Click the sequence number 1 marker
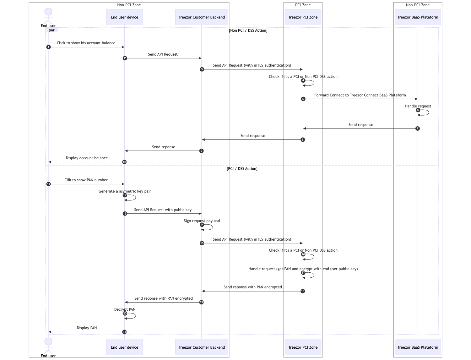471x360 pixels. click(x=48, y=47)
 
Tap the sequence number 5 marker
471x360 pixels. click(x=303, y=99)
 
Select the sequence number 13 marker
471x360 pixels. click(x=125, y=214)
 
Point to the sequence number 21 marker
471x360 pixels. click(x=124, y=332)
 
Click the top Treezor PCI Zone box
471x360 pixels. click(x=303, y=17)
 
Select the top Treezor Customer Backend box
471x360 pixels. click(x=202, y=17)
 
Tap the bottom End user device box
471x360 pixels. click(x=124, y=347)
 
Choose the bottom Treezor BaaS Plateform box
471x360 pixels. click(x=418, y=347)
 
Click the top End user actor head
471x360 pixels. click(x=48, y=12)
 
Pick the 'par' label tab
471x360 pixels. click(x=52, y=30)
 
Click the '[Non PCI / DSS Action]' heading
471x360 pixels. click(x=248, y=30)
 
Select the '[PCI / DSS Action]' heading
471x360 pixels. click(x=242, y=169)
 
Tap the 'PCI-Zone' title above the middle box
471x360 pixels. click(x=303, y=5)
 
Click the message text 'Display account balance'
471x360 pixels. click(x=87, y=158)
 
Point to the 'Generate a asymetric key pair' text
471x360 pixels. click(x=125, y=191)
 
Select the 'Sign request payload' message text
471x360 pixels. click(x=202, y=221)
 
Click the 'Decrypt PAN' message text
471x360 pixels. click(x=125, y=309)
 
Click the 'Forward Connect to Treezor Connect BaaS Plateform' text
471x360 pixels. click(x=360, y=95)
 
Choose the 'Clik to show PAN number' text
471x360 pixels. click(x=86, y=180)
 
